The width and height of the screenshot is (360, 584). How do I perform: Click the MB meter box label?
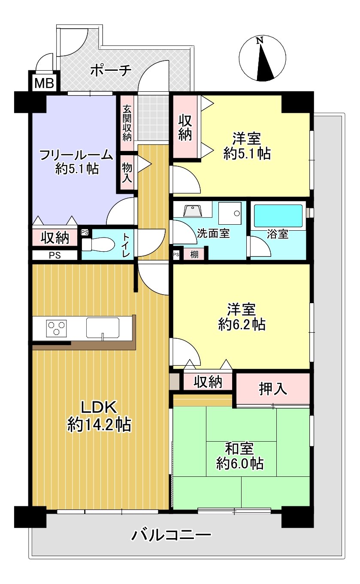pyautogui.click(x=44, y=83)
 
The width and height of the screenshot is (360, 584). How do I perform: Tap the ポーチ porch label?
pyautogui.click(x=111, y=70)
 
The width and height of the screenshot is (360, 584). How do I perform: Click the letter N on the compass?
pyautogui.click(x=260, y=41)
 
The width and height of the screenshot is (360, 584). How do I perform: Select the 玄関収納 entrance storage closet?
pyautogui.click(x=127, y=123)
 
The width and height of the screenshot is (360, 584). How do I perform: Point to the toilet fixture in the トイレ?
pyautogui.click(x=98, y=244)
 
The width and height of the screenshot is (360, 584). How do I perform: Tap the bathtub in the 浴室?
pyautogui.click(x=278, y=216)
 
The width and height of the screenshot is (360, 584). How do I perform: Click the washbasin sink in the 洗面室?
pyautogui.click(x=193, y=211)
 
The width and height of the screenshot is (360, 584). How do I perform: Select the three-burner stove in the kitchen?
pyautogui.click(x=56, y=328)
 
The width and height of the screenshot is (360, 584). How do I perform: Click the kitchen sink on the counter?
pyautogui.click(x=103, y=328)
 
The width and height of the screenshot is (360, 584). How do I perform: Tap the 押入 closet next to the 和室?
pyautogui.click(x=273, y=389)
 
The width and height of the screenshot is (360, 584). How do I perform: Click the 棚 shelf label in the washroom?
pyautogui.click(x=194, y=254)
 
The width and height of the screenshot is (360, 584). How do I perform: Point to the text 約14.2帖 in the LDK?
pyautogui.click(x=100, y=425)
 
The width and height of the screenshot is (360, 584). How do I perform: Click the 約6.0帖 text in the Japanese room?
pyautogui.click(x=240, y=463)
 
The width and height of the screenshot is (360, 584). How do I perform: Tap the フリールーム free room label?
pyautogui.click(x=76, y=155)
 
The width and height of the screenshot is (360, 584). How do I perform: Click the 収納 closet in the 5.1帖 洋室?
pyautogui.click(x=185, y=127)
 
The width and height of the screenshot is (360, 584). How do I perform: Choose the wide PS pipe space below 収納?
pyautogui.click(x=55, y=255)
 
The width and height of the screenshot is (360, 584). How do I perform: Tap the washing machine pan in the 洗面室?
pyautogui.click(x=230, y=213)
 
